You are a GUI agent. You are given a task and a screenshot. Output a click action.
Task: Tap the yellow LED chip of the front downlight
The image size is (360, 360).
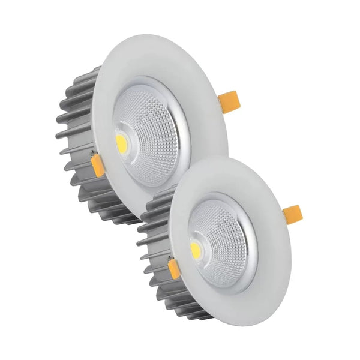(196, 250)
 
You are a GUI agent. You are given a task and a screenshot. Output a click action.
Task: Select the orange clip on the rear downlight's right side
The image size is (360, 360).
(228, 101)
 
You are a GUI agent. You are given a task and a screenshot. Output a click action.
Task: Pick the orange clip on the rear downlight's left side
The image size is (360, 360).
(97, 165)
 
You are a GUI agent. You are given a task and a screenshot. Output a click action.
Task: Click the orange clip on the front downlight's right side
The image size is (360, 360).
(292, 214)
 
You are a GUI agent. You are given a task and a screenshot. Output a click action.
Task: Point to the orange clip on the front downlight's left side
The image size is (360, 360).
(174, 269)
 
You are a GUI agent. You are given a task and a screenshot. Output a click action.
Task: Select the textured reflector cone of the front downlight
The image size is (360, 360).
(225, 240)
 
